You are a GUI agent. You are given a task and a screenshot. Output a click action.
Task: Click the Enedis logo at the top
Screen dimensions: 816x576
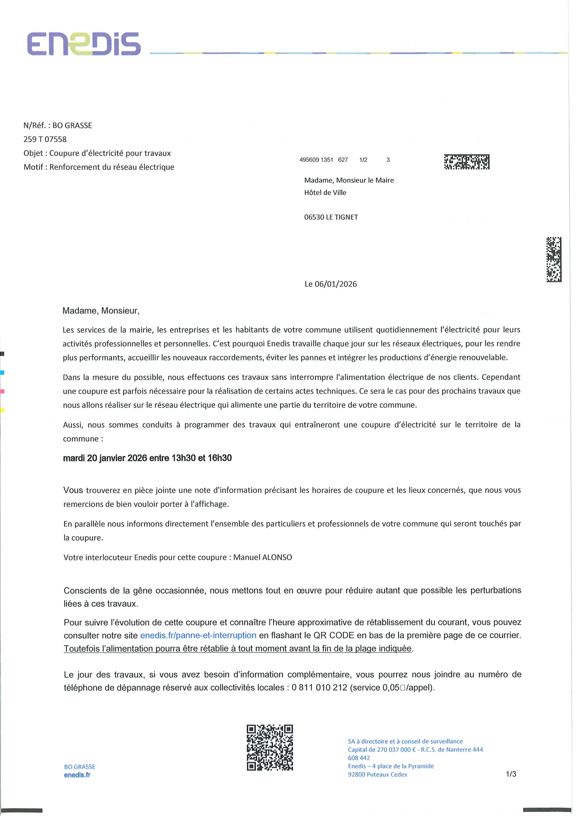point(84,44)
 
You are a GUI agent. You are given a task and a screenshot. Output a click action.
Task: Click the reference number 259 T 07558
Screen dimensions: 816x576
point(45,139)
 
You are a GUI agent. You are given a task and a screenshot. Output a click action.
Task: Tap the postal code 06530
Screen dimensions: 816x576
point(314,217)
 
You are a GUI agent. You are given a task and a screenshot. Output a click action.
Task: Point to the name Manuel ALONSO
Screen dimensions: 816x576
point(262,557)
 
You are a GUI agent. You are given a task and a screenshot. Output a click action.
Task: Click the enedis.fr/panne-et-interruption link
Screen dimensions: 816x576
point(198,635)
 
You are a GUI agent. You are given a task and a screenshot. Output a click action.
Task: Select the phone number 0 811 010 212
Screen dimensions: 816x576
point(320,687)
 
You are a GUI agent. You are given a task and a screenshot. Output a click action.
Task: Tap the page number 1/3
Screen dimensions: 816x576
point(511,774)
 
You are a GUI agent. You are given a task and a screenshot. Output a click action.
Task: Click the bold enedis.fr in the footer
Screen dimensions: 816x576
point(77,775)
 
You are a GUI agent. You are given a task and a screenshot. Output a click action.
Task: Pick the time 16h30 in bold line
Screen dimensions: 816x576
point(220,458)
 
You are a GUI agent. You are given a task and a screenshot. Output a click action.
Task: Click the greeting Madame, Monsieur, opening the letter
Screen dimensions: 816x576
point(101,311)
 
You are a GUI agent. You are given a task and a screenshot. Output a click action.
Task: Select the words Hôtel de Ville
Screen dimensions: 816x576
point(325,192)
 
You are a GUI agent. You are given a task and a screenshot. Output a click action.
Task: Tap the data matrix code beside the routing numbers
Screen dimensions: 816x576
point(466,162)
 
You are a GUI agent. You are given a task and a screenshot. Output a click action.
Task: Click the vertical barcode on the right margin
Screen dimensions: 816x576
point(553,259)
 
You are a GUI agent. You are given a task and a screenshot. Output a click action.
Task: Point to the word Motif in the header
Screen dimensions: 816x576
point(34,167)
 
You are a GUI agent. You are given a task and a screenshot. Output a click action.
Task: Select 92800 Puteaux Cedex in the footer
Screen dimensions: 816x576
point(377,775)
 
